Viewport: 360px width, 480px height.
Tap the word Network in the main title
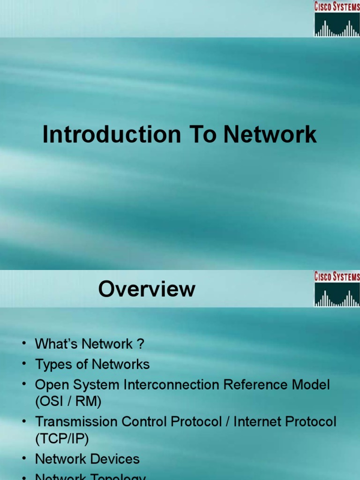(x=270, y=135)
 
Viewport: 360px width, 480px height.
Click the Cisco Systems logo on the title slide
(x=337, y=19)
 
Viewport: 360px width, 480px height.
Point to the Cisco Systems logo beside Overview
(x=337, y=289)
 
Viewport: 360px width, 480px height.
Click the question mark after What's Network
(x=140, y=344)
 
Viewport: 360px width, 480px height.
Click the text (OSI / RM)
(x=68, y=401)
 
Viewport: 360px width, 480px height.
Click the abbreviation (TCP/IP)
(x=62, y=438)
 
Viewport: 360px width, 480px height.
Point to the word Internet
(x=255, y=421)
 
